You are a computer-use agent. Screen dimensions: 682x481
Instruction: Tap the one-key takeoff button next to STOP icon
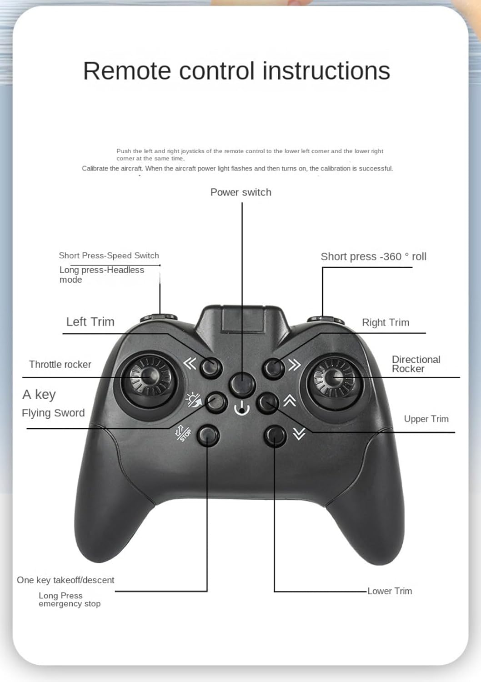point(208,435)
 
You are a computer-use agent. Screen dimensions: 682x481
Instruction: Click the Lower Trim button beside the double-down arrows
point(275,435)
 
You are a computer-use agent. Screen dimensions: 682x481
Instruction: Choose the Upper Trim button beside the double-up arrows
point(267,402)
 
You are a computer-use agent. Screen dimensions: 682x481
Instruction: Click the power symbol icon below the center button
point(242,408)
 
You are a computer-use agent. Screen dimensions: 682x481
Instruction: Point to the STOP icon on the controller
point(184,433)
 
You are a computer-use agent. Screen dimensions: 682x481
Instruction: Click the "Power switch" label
point(240,192)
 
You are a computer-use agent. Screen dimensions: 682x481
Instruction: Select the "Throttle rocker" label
point(60,364)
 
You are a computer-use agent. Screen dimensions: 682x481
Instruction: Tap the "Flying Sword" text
point(53,413)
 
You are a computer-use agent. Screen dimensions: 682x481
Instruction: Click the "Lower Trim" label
point(390,591)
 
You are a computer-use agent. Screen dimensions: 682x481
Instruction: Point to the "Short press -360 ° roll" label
point(373,256)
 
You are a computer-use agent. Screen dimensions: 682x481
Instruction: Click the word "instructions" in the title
point(326,71)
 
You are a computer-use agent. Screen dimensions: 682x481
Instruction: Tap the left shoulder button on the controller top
point(159,317)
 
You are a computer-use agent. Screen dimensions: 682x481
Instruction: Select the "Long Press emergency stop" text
point(69,600)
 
